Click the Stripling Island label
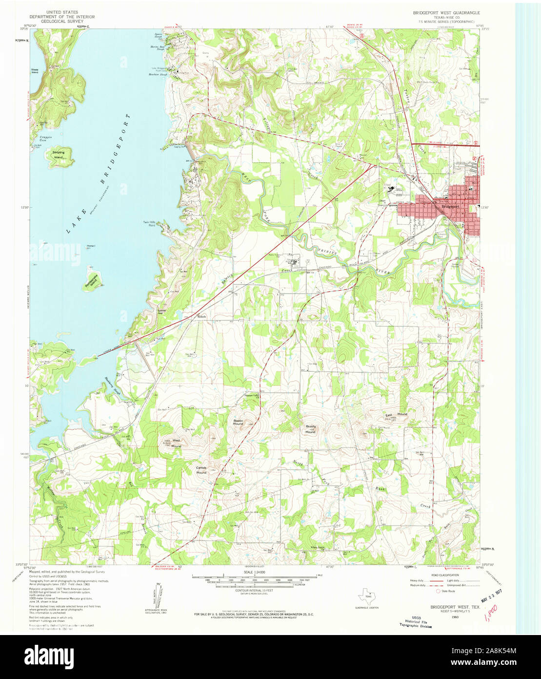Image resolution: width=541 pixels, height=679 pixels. tap(59, 155)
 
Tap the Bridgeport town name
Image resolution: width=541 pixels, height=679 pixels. tap(450, 206)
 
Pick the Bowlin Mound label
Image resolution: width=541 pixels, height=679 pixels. tap(238, 422)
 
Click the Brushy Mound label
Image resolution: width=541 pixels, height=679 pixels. tap(310, 429)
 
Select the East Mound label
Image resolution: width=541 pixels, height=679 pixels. tap(396, 415)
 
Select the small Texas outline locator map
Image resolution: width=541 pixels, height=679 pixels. tap(366, 596)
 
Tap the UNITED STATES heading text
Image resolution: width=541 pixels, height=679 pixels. tap(62, 12)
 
